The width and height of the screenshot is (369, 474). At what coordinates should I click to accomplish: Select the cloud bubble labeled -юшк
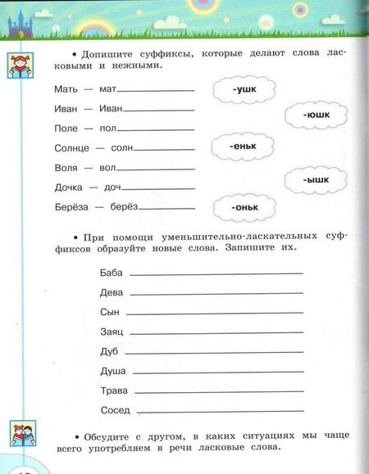click(314, 116)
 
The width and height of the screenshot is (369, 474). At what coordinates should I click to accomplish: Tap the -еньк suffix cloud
click(244, 147)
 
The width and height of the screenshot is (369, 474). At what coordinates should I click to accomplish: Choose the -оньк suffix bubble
click(244, 207)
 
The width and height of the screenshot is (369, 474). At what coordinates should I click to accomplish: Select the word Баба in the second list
click(110, 272)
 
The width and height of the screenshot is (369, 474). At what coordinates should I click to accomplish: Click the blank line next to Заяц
click(217, 332)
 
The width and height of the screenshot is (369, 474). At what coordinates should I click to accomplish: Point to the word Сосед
click(115, 409)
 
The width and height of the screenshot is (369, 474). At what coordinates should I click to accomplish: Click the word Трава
click(113, 390)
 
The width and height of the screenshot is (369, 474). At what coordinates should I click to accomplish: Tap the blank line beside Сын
click(216, 314)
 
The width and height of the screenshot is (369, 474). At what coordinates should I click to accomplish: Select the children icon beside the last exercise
click(20, 434)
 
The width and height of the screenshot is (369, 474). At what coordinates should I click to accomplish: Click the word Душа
click(112, 371)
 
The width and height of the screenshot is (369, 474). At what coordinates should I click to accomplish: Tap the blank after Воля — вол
click(156, 170)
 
